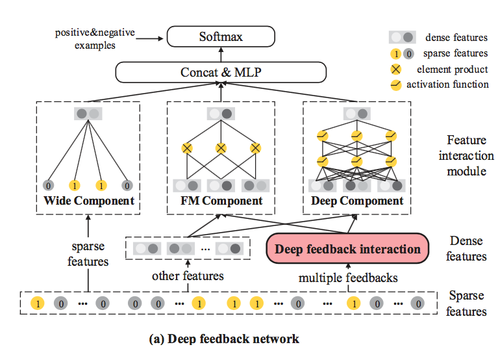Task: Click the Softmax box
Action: click(221, 37)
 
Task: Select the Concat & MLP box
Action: click(221, 72)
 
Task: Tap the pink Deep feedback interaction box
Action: click(347, 249)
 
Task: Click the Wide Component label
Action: click(88, 201)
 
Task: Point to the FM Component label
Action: click(221, 201)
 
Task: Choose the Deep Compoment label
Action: click(356, 201)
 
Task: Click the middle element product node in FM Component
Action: click(221, 149)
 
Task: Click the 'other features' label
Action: click(188, 276)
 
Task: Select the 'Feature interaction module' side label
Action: click(466, 155)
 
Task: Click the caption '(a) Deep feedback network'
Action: click(224, 339)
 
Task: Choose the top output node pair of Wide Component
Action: click(88, 113)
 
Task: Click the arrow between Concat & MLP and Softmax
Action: click(221, 55)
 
